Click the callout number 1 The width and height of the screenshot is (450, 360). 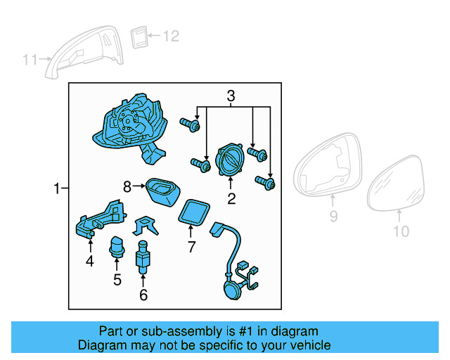[56, 188]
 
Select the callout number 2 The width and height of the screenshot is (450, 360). [231, 199]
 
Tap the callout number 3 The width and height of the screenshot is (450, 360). [231, 96]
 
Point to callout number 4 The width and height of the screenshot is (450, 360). [89, 262]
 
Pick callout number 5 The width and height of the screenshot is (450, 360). [117, 280]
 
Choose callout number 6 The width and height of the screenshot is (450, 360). [143, 295]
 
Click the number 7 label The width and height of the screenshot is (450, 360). [190, 247]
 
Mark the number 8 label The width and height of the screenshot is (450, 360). [127, 186]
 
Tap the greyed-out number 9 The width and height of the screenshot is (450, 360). [333, 217]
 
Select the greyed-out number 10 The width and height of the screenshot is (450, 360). [399, 231]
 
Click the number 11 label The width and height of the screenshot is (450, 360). [30, 60]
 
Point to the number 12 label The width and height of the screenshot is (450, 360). [172, 35]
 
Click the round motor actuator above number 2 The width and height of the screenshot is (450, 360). [231, 160]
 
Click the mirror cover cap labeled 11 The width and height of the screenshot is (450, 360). [84, 49]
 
